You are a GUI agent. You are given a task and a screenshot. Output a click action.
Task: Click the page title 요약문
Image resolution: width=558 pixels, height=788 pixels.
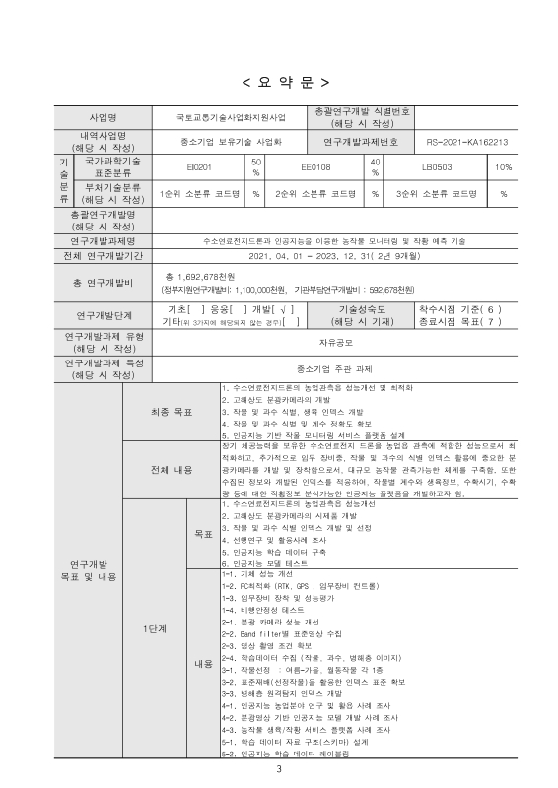[279, 80]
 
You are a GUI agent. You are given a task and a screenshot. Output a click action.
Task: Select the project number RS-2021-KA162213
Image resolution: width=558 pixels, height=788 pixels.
[473, 142]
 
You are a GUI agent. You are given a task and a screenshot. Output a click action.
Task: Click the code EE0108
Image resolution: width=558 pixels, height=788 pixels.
[315, 167]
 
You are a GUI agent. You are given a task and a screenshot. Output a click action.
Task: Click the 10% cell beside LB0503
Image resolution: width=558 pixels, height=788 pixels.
[503, 167]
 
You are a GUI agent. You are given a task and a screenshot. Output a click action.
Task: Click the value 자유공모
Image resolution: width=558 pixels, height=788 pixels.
[334, 343]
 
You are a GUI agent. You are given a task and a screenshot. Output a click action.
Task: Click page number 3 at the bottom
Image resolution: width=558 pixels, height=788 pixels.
[279, 769]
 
